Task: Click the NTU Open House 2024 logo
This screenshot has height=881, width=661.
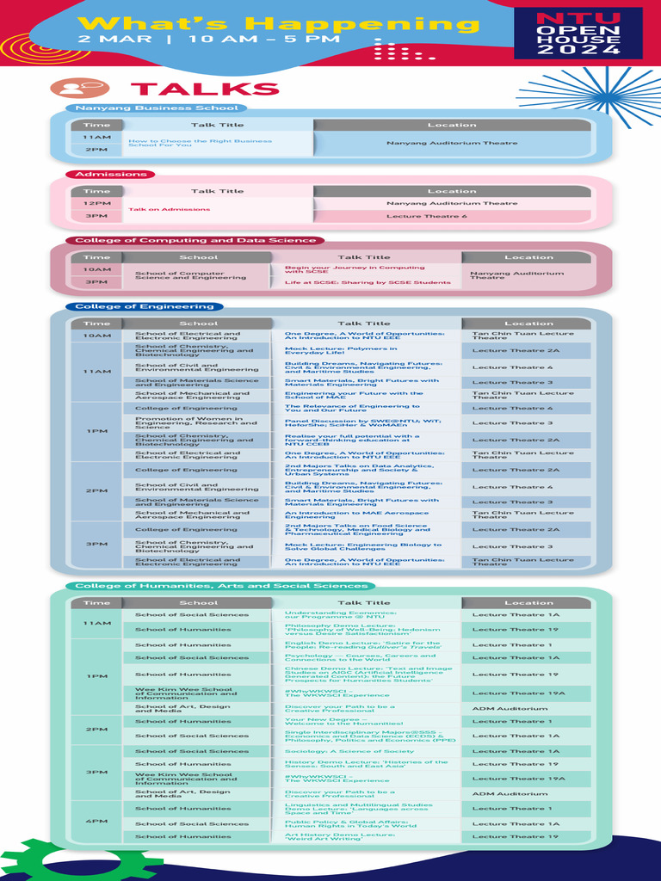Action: (578, 34)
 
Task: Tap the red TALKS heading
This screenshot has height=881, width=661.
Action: (205, 89)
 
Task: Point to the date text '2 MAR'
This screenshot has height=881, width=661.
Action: (102, 40)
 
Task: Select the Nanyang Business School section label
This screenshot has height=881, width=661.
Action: (156, 108)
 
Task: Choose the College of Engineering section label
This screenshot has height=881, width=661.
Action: (144, 306)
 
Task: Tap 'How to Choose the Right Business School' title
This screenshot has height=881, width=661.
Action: (200, 143)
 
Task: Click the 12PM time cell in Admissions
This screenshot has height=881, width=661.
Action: (96, 203)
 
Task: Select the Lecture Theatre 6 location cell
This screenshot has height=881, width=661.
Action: (451, 216)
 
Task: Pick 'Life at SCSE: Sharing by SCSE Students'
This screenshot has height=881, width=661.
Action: (368, 282)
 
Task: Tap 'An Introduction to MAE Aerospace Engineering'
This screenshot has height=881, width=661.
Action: (356, 515)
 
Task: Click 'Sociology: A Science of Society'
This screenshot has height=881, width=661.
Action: (349, 751)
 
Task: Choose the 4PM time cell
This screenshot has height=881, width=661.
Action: (96, 822)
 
